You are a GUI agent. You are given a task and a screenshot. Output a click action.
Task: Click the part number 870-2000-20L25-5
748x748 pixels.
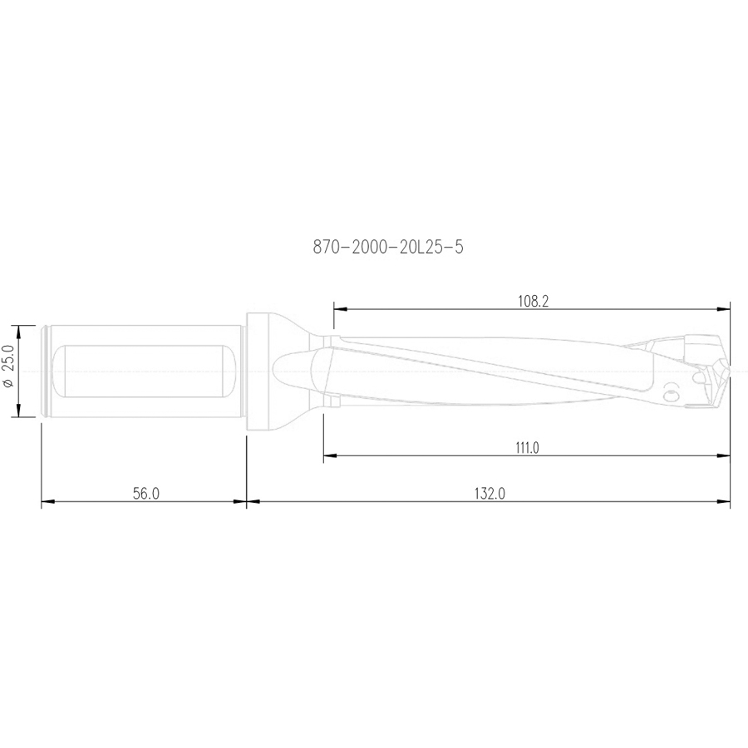tap(386, 247)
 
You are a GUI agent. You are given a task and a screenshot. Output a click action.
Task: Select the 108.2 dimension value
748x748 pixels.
tap(533, 302)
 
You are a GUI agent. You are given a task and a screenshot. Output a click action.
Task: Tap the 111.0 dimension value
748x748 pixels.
tap(527, 448)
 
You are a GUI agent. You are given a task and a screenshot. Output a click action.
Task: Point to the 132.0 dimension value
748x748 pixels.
tap(490, 494)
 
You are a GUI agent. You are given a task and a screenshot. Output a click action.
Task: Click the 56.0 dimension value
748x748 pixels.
tap(145, 494)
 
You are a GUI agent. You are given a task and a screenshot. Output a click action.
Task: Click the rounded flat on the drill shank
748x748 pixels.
tap(145, 370)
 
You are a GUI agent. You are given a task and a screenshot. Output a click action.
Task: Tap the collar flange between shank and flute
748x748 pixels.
tap(259, 370)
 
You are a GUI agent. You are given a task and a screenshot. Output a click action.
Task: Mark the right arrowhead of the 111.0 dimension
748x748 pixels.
tap(725, 455)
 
